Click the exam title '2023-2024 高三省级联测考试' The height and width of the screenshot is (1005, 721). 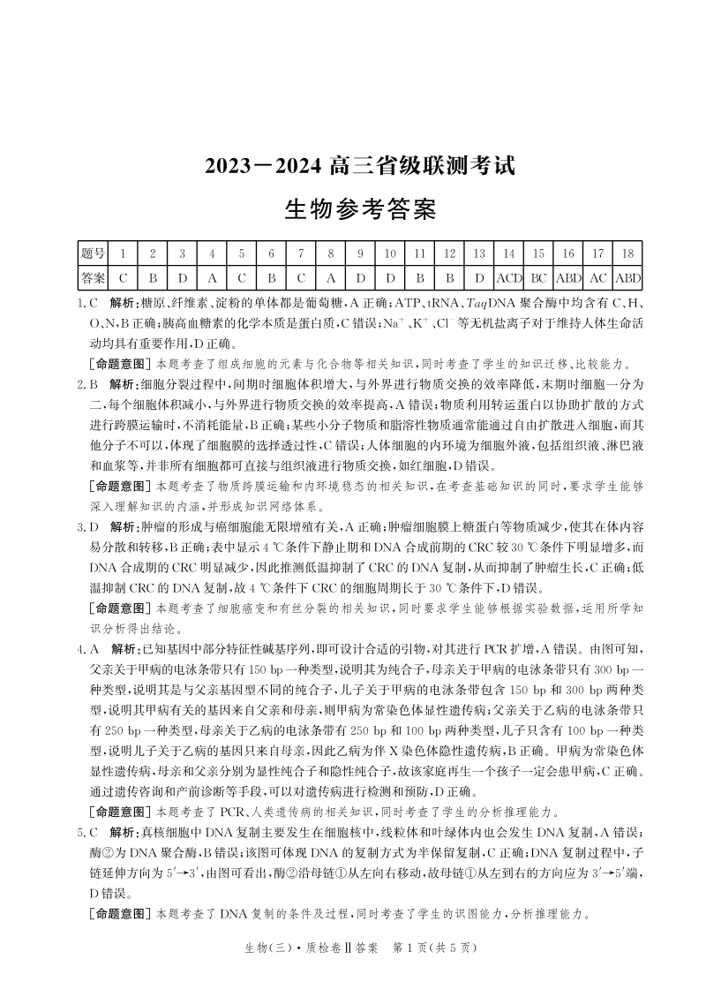359,165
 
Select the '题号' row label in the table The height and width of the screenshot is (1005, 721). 93,253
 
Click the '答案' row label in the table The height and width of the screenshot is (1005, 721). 93,277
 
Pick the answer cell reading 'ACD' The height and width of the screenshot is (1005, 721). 508,277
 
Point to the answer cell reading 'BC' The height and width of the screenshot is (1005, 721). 538,277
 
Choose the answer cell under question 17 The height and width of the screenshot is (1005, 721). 597,277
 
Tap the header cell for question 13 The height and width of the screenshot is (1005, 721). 479,253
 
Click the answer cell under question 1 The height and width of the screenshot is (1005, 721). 123,277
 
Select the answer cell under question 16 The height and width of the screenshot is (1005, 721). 568,277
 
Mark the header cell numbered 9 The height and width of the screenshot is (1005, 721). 360,253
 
